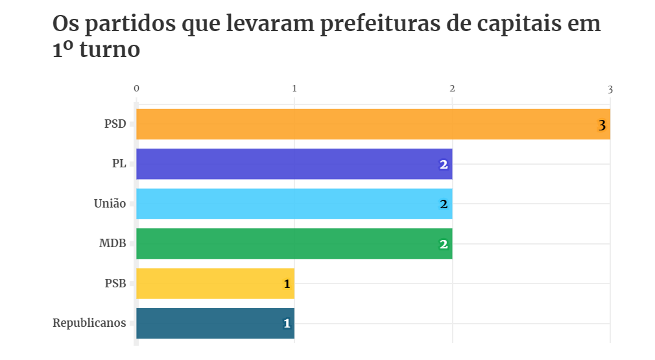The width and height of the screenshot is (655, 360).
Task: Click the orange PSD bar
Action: [373, 124]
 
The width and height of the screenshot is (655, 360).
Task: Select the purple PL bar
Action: [294, 164]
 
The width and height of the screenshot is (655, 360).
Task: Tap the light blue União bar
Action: [294, 204]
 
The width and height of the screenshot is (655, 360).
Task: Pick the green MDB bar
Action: [294, 244]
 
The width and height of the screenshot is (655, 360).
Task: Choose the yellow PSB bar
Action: [215, 283]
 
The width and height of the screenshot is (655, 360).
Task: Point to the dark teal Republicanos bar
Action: [215, 323]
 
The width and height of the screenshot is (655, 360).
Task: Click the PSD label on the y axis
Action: [115, 124]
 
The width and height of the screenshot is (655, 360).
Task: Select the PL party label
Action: [119, 164]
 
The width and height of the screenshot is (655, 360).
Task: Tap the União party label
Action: [110, 204]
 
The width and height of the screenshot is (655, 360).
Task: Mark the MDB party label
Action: [112, 244]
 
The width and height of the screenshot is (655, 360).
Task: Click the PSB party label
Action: [115, 283]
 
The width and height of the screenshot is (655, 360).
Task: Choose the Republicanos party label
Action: [89, 323]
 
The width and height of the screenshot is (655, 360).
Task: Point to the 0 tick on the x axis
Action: [136, 88]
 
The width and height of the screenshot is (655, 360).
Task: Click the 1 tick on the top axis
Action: [294, 88]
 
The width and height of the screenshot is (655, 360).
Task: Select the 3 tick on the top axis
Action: [610, 88]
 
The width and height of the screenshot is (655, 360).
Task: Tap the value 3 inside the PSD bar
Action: [602, 125]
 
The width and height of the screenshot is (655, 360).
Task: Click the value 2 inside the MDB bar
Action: [444, 245]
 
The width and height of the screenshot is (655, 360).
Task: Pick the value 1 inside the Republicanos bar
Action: [286, 324]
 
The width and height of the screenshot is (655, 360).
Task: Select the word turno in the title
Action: [110, 49]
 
